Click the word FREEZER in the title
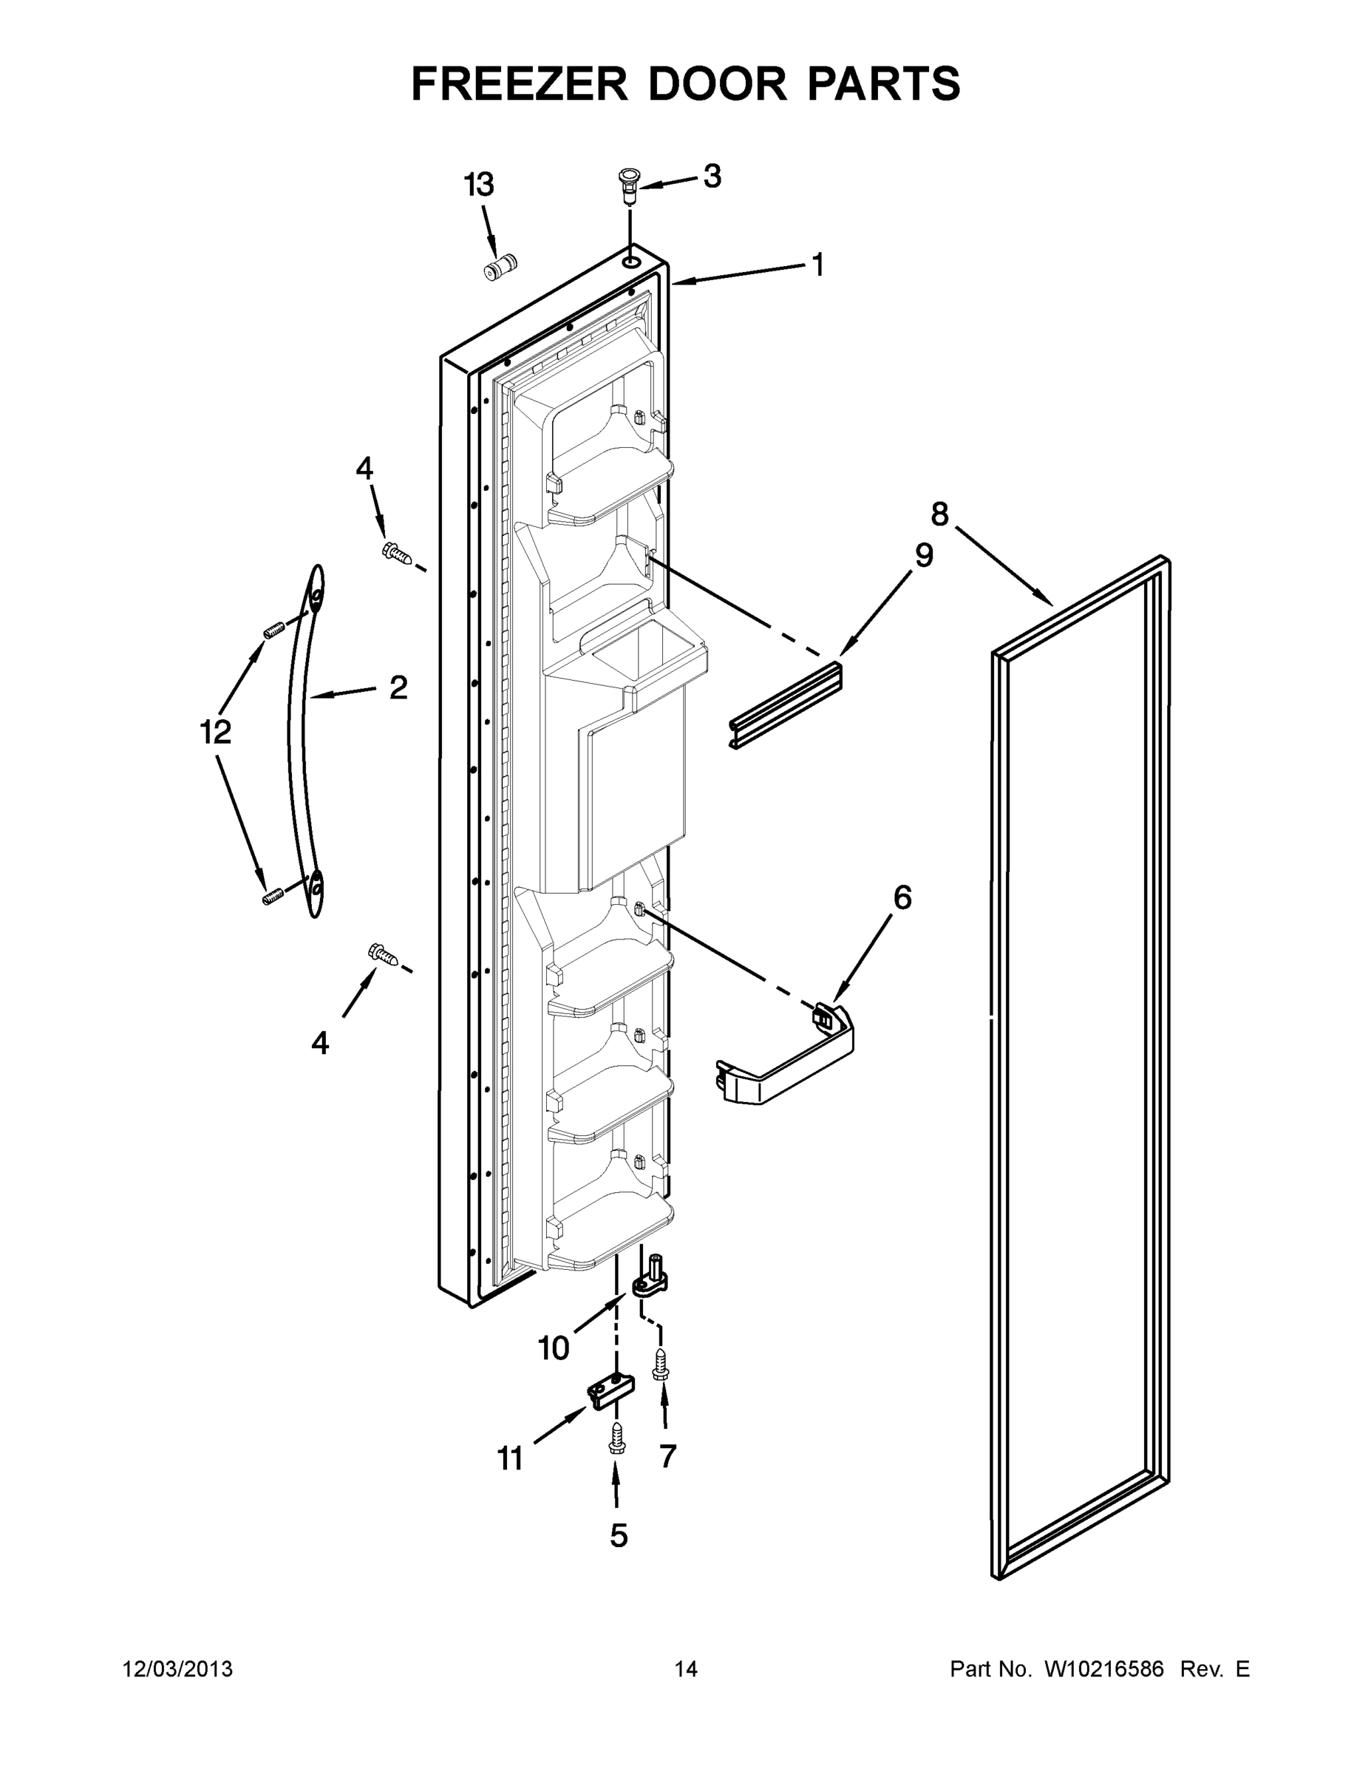point(519,84)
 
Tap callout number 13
point(479,186)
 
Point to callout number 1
point(818,265)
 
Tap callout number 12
point(216,733)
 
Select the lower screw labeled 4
point(384,954)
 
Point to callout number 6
point(902,897)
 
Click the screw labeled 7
point(660,1362)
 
